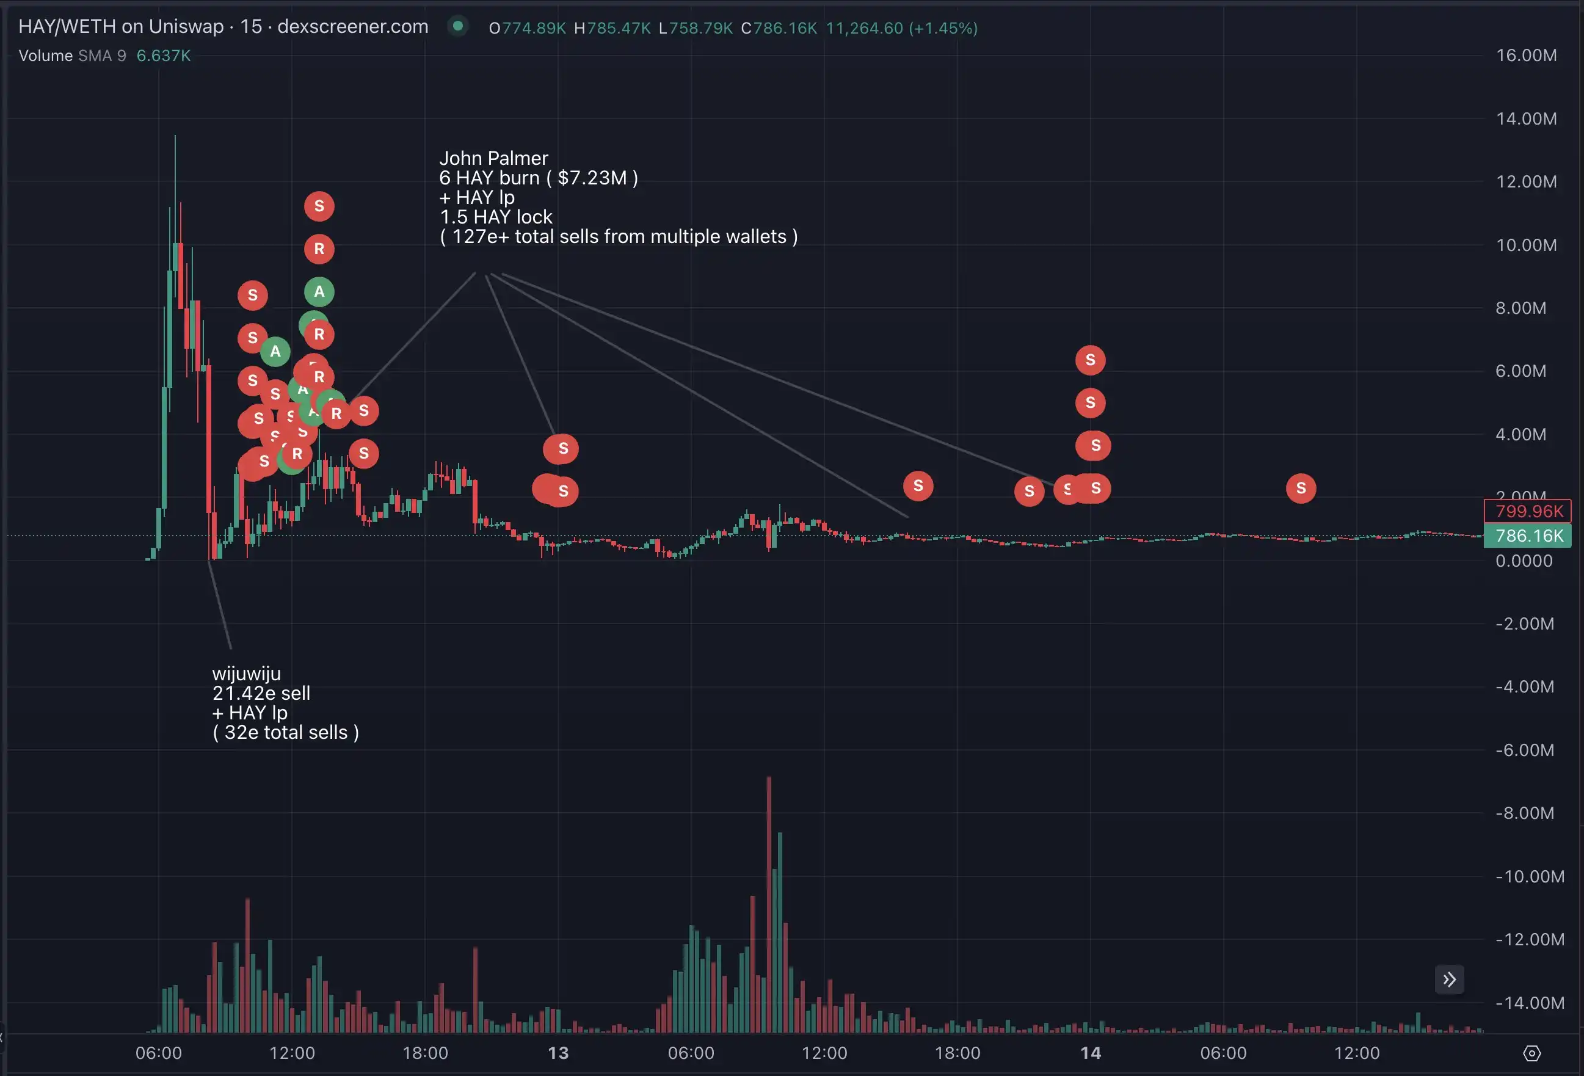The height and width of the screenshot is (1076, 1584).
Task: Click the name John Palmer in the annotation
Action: point(493,158)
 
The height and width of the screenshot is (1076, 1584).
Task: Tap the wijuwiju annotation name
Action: point(246,674)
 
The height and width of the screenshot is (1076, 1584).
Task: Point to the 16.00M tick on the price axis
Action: point(1526,55)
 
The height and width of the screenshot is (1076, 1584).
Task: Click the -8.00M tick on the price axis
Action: point(1525,813)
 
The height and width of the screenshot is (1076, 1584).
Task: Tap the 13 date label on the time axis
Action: point(558,1053)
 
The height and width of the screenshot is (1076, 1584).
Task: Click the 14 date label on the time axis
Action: point(1091,1053)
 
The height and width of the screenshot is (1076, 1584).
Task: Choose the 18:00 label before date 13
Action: point(425,1053)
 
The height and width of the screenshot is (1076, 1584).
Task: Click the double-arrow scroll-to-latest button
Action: point(1449,980)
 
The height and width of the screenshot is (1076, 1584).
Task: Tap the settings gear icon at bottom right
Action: point(1531,1053)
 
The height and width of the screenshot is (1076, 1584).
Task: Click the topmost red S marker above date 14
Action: point(1090,360)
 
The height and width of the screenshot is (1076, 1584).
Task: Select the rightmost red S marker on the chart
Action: point(1301,488)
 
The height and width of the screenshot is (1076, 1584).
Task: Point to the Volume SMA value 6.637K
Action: point(164,56)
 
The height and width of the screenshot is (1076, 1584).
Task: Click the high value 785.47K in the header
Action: point(618,28)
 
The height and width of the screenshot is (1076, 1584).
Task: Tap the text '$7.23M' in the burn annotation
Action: point(592,178)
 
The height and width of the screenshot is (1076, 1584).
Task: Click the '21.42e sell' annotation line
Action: point(261,693)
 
